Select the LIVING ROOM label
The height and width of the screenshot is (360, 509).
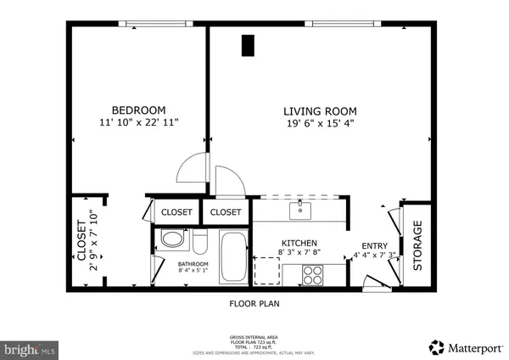point(319,111)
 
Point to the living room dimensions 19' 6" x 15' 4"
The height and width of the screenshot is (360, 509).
point(319,124)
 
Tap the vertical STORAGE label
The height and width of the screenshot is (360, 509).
point(417,245)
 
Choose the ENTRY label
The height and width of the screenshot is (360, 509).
point(374,245)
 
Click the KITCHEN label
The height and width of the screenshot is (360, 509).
point(299,242)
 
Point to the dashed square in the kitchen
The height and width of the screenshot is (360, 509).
point(266,271)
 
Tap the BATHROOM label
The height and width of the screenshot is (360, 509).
point(193,264)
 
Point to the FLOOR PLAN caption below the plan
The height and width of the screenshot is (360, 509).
point(255,302)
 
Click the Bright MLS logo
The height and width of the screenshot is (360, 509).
point(30,348)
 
